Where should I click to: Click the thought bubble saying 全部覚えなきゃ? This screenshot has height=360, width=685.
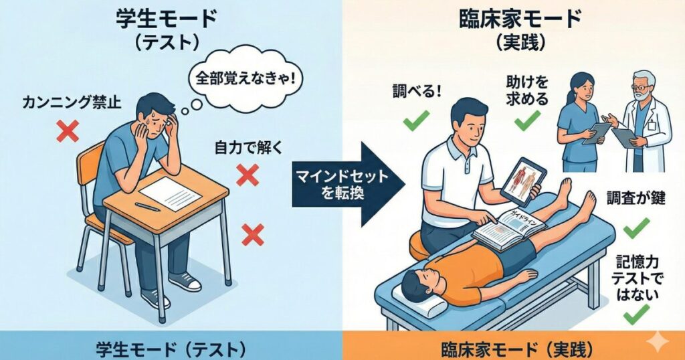pos(245,79)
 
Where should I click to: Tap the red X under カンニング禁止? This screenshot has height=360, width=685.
pos(68,131)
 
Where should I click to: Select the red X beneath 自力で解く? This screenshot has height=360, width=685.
pos(248,175)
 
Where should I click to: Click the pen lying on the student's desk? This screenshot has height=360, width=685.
pos(148,207)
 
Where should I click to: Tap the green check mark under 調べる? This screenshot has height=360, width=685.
pos(416,120)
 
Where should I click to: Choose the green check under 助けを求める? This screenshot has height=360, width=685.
pos(527,120)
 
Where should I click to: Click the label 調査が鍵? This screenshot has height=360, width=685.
pos(635,198)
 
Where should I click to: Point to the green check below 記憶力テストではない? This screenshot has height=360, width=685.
pos(636,314)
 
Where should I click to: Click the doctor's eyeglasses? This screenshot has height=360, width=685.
pos(640,88)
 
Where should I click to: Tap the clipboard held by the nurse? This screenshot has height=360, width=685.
pos(597,133)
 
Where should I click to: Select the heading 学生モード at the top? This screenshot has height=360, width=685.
pos(166,21)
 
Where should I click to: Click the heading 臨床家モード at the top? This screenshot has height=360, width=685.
pos(520,19)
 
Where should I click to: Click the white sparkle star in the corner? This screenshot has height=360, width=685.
pos(657,342)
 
